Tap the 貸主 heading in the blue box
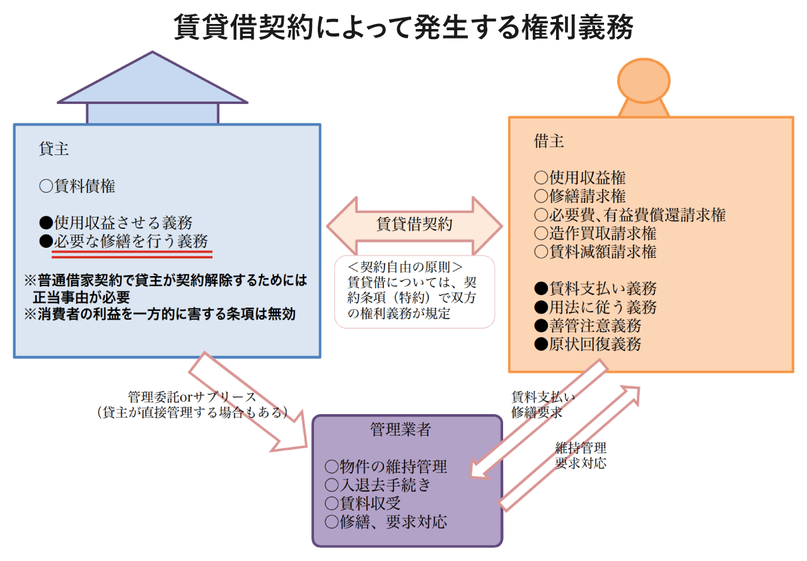coord(54,149)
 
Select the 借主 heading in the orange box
coord(549,141)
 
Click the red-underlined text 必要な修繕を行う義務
coord(131,241)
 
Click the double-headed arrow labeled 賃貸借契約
coord(414,226)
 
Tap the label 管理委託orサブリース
coord(192,397)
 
